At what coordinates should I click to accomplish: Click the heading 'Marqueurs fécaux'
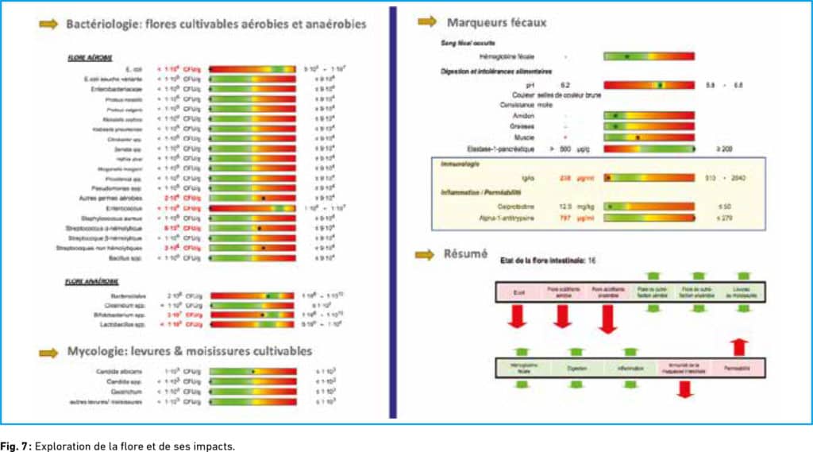tap(497, 22)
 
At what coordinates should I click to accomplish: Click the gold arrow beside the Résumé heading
tap(426, 254)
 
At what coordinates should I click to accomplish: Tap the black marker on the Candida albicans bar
tap(253, 371)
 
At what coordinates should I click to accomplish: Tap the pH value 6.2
tap(565, 83)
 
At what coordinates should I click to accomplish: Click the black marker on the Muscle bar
tap(638, 137)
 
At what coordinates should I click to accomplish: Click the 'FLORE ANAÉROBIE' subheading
tap(92, 281)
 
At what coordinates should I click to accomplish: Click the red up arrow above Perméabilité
tap(738, 346)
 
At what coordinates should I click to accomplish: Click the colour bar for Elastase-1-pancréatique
tap(649, 149)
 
